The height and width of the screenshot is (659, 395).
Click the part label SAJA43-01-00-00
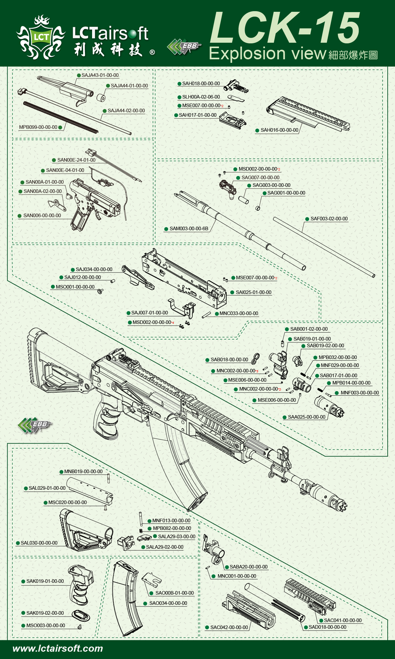pos(100,75)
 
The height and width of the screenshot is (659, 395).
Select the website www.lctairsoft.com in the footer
pos(58,648)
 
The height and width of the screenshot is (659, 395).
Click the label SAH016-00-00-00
pos(279,130)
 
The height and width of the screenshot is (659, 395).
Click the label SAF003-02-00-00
pos(329,219)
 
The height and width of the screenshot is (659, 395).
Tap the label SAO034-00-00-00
pos(168,603)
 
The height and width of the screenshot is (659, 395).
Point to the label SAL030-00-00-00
pos(39,543)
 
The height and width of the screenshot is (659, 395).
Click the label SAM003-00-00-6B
pos(189,229)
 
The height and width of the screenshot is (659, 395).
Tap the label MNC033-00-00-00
pos(239,313)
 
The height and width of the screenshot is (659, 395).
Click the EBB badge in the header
pos(184,47)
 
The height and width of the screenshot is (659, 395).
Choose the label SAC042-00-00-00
pos(229,627)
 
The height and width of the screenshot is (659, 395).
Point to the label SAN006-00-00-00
pos(42,216)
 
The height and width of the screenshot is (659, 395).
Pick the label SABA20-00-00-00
pos(248,567)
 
